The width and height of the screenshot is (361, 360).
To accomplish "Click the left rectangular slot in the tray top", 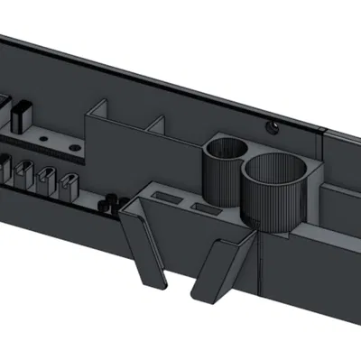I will (x=167, y=196).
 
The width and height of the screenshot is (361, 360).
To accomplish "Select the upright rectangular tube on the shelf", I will (x=21, y=114).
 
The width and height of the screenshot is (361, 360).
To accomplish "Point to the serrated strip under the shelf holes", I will (x=45, y=154).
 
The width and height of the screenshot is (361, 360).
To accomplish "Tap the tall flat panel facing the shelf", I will (x=113, y=158).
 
